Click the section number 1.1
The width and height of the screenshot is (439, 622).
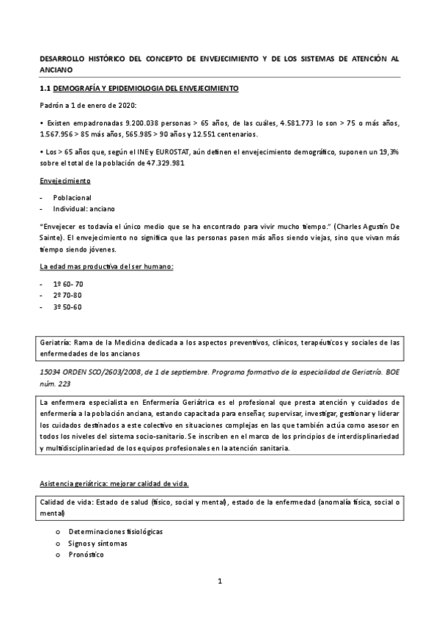tap(44, 88)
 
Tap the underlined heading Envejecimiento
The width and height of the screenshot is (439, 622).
tap(65, 180)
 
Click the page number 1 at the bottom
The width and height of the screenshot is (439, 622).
tap(219, 582)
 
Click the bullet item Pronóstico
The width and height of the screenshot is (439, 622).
tap(86, 555)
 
